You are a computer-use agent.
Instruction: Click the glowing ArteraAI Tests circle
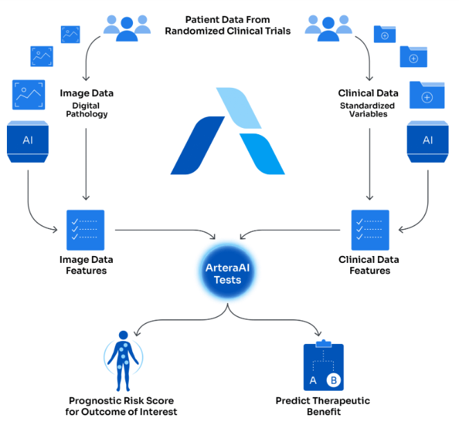click(228, 272)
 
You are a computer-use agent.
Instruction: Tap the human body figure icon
click(123, 360)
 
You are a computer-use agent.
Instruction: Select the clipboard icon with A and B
click(323, 365)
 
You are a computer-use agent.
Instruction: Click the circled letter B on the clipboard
click(334, 380)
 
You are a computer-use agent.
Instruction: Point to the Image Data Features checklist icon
click(85, 230)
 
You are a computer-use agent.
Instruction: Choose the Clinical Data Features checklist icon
click(370, 230)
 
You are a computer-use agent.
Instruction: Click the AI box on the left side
click(28, 142)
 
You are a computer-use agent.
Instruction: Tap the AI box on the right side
click(428, 142)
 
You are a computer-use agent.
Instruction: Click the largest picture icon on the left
click(28, 95)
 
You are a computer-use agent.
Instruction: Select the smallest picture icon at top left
click(70, 35)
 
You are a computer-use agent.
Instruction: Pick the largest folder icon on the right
click(426, 95)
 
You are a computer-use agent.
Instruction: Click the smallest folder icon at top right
click(385, 34)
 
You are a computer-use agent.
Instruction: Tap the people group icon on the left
click(127, 28)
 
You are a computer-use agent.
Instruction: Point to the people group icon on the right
click(328, 28)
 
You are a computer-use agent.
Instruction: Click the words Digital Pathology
click(87, 110)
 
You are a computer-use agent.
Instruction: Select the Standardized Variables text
click(368, 110)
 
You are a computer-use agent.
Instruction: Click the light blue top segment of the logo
click(239, 108)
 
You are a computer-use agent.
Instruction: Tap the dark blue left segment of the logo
click(197, 145)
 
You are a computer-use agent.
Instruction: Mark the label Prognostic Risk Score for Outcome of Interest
click(121, 406)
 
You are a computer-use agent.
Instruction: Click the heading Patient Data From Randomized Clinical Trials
click(228, 25)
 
